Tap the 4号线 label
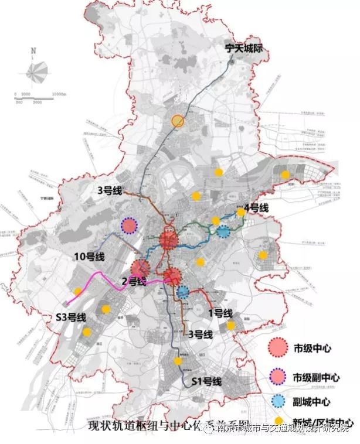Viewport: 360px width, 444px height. (256, 208)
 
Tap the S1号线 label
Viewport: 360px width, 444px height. (208, 381)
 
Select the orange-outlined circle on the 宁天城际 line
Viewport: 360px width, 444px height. (178, 121)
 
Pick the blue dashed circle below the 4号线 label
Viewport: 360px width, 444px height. (223, 231)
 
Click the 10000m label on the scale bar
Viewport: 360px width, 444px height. (59, 94)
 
